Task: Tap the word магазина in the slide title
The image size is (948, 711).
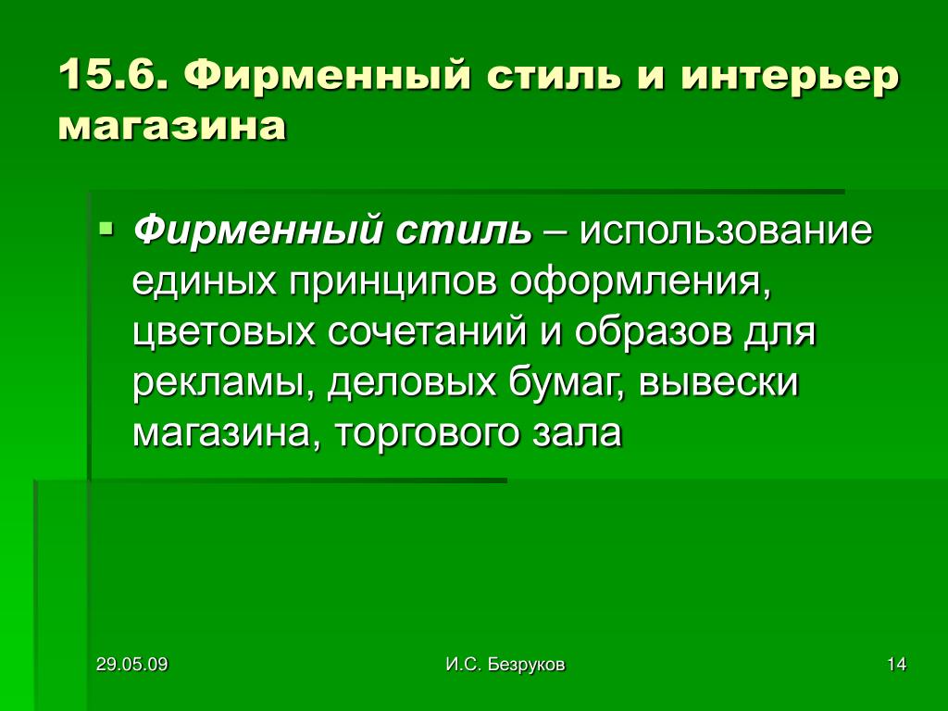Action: tap(171, 127)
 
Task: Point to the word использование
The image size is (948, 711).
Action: tap(726, 231)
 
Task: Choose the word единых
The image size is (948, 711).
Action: tap(204, 283)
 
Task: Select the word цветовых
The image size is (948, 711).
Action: tap(223, 333)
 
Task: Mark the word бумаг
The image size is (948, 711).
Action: tap(567, 383)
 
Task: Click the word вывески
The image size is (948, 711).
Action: tap(718, 382)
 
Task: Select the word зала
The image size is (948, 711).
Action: tap(577, 433)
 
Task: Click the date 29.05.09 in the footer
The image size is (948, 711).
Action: tap(131, 665)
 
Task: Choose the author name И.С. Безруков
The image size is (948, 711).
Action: tap(505, 665)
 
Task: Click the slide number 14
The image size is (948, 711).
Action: tap(896, 665)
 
